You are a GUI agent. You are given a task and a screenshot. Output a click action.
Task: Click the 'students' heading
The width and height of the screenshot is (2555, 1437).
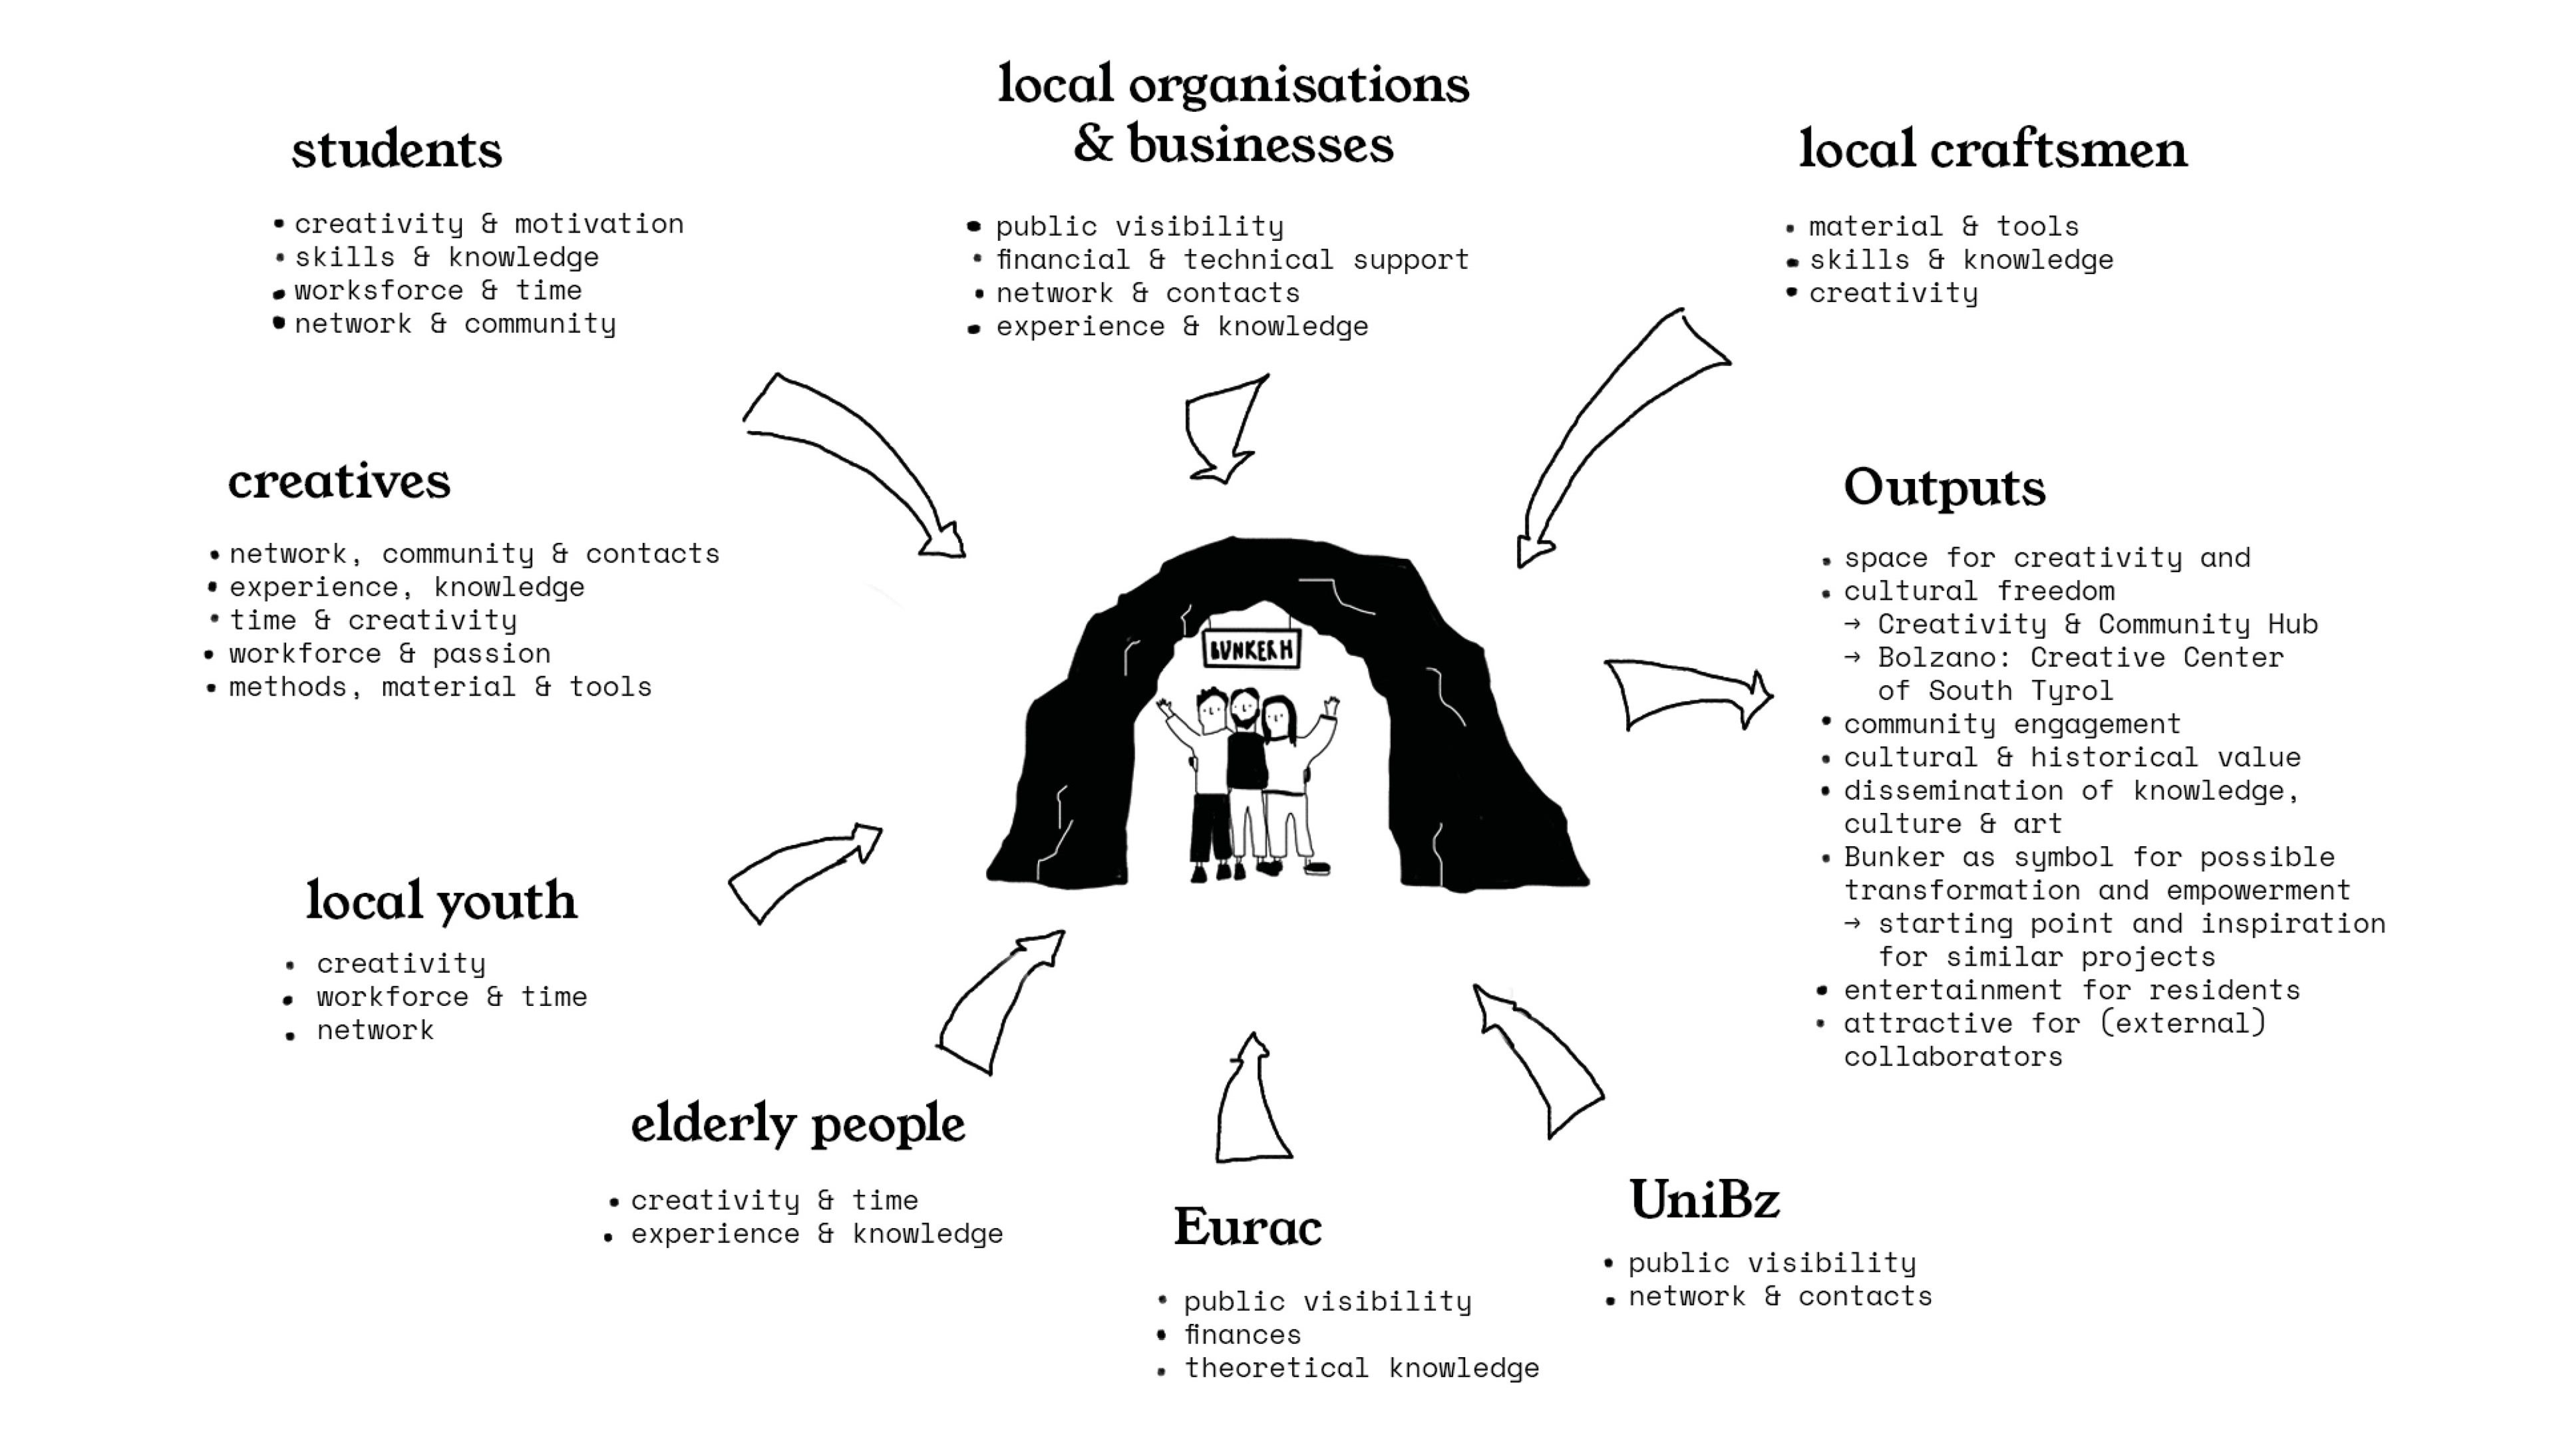[x=397, y=151]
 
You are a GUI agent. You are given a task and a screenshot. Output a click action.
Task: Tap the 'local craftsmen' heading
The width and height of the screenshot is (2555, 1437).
[x=1993, y=151]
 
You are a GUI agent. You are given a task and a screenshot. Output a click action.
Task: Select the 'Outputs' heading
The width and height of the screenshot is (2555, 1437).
[x=1944, y=488]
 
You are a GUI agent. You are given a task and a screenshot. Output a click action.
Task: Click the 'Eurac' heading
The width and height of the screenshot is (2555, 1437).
[x=1248, y=1227]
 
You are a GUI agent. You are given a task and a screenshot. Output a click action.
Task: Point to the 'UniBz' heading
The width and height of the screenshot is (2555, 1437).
[x=1704, y=1200]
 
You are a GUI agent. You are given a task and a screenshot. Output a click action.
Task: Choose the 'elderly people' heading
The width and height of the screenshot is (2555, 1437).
[x=798, y=1124]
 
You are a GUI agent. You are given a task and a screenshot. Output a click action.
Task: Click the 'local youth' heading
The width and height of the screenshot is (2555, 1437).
[x=441, y=901]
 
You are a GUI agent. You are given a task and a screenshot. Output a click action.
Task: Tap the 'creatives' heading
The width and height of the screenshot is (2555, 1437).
[x=339, y=482]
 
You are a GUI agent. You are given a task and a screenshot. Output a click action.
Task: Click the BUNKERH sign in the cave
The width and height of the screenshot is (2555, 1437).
[x=1251, y=649]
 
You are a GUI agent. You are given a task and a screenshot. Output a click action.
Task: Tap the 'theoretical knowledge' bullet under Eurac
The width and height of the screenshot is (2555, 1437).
[x=1361, y=1368]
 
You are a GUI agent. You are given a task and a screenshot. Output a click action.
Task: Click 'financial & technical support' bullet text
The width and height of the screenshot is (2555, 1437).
[x=1232, y=260]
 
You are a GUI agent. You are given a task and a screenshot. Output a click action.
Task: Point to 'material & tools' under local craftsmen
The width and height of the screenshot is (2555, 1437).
[x=1943, y=227]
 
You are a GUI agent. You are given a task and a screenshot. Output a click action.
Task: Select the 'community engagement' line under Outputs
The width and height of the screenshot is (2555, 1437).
[x=2011, y=724]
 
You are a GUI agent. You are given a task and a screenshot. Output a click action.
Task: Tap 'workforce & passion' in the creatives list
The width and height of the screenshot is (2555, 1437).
[x=390, y=653]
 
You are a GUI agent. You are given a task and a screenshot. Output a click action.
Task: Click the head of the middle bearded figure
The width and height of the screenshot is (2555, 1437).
[x=1245, y=708]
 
